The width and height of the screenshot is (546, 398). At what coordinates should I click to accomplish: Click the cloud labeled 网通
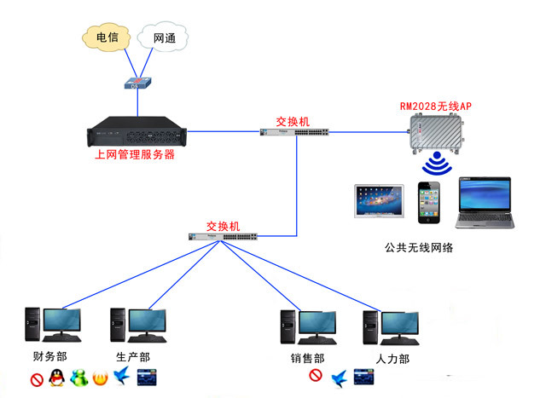click(x=165, y=38)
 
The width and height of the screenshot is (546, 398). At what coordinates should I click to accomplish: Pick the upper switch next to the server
click(x=293, y=132)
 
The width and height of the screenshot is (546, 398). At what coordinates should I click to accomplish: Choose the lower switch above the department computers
click(x=224, y=236)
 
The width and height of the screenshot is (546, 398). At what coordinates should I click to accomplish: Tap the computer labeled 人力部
click(x=392, y=325)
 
